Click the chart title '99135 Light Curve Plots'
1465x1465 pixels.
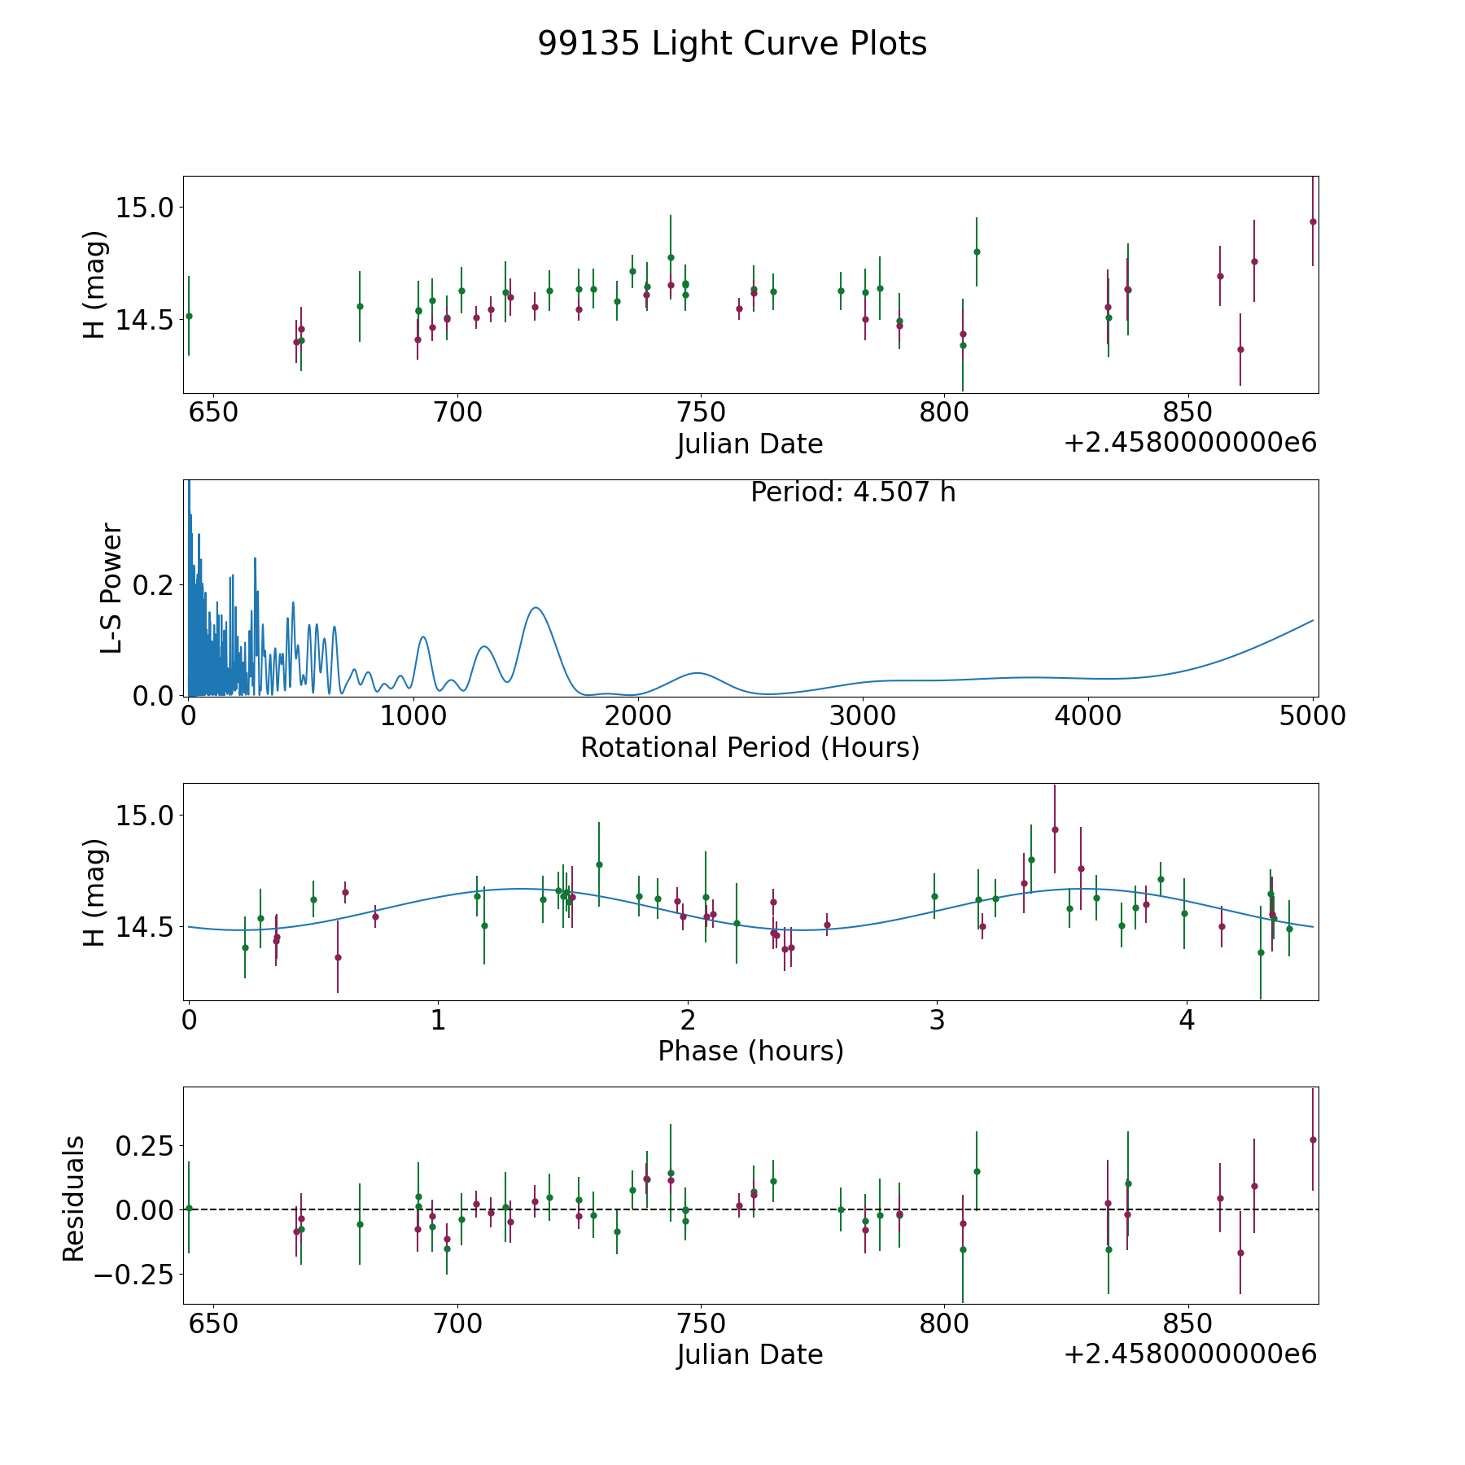[x=732, y=44]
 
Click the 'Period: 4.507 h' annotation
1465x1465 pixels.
[x=852, y=492]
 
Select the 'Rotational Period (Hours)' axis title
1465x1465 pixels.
[x=750, y=747]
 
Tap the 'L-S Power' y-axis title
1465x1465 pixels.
[x=112, y=588]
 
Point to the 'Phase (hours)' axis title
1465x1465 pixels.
[x=750, y=1051]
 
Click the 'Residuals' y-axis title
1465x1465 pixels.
[x=74, y=1198]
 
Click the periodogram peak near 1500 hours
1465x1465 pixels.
[x=535, y=608]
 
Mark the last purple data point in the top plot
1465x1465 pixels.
[x=1312, y=221]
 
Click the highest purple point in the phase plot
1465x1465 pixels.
[x=1055, y=829]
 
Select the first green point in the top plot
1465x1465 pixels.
[x=189, y=316]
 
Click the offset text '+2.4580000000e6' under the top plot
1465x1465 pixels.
[x=1190, y=443]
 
